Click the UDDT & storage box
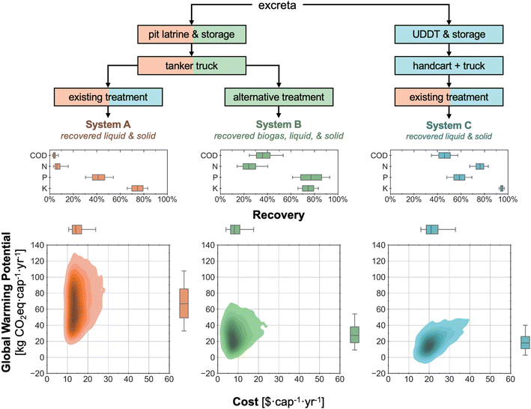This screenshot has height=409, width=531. click(449, 34)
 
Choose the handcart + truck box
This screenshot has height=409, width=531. click(449, 66)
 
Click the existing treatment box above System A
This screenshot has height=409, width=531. click(107, 97)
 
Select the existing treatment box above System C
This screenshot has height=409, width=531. click(449, 97)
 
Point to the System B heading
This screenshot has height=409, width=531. click(279, 124)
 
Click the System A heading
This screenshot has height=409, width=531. click(107, 124)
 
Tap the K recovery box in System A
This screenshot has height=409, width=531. click(137, 188)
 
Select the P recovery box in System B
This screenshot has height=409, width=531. click(311, 178)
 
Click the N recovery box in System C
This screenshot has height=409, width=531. click(479, 166)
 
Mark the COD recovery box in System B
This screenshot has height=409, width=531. click(263, 156)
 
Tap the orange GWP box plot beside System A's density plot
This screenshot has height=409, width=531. click(183, 303)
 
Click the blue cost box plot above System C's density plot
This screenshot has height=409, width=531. click(431, 229)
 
